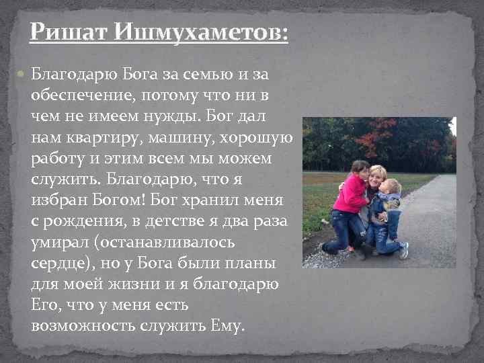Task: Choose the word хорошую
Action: [260, 137]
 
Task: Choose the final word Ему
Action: [228, 326]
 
